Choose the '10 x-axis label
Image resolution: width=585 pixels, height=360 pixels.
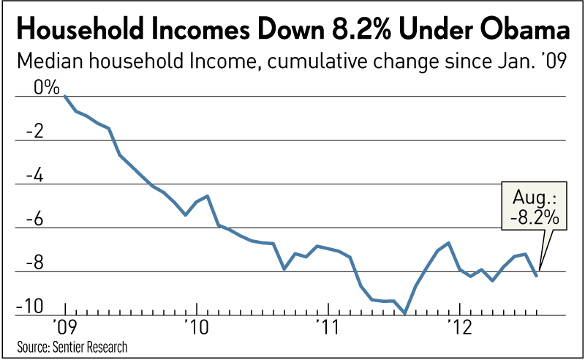[x=197, y=325]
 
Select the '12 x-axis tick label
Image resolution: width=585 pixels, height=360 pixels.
[x=458, y=325]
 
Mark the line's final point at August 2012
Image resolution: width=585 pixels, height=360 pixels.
[x=537, y=275]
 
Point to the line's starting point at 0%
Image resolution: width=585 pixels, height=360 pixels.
[x=65, y=96]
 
